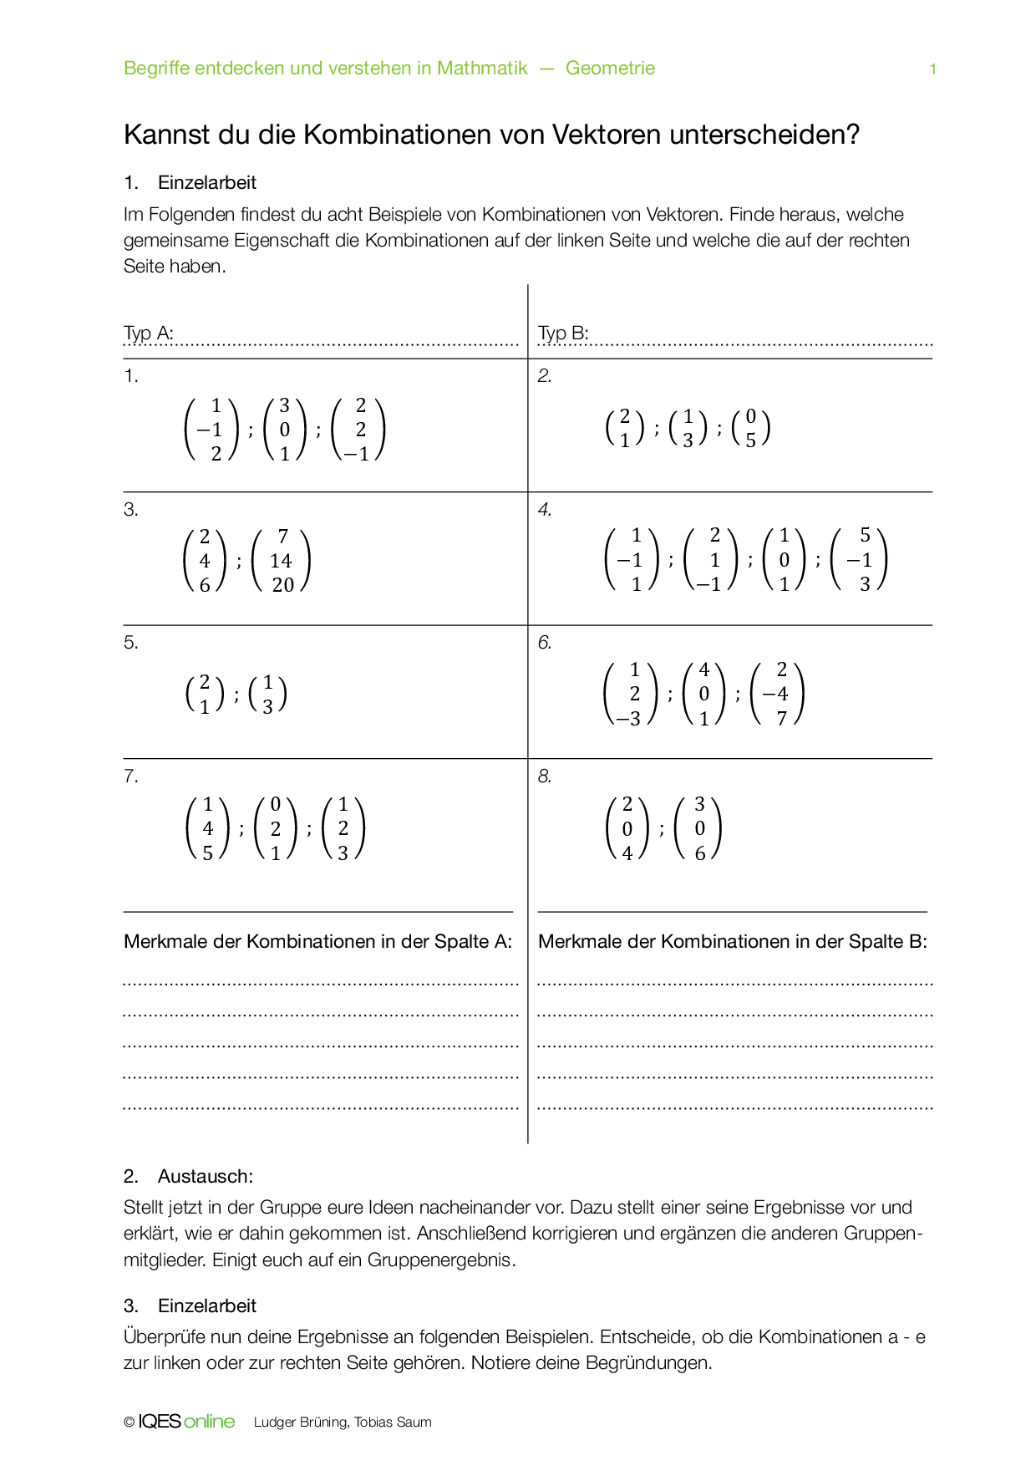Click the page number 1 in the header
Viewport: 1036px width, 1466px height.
(x=932, y=69)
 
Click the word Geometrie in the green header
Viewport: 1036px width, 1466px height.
(x=610, y=69)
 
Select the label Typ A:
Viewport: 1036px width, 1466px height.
(x=148, y=333)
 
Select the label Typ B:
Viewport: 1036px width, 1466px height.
(x=563, y=333)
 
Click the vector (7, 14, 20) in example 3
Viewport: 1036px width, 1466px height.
(x=281, y=561)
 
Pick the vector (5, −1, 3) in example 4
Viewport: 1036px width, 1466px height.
(x=860, y=560)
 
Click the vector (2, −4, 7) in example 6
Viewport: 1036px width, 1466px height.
(x=777, y=694)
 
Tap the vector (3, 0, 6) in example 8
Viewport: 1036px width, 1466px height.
(x=698, y=828)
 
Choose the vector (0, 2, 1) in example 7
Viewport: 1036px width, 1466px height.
(x=275, y=828)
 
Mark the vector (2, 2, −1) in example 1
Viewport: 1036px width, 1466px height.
(x=358, y=430)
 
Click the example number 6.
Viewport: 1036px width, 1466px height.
(x=545, y=643)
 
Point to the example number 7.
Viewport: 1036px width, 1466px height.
(x=131, y=776)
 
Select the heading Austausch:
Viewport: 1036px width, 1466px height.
(x=205, y=1177)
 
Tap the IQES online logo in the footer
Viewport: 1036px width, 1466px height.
(x=186, y=1422)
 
